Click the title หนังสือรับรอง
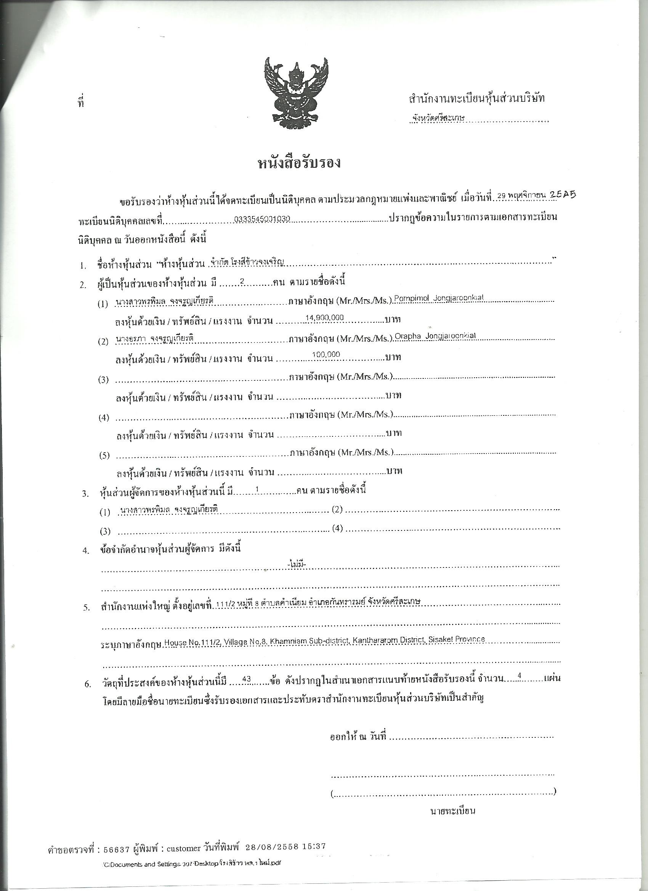[x=299, y=162]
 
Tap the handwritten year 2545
[x=562, y=194]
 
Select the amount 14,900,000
[x=325, y=317]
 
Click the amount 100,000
[x=326, y=354]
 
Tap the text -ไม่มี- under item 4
[x=297, y=564]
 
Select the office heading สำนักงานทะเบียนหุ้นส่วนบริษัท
[x=476, y=99]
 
